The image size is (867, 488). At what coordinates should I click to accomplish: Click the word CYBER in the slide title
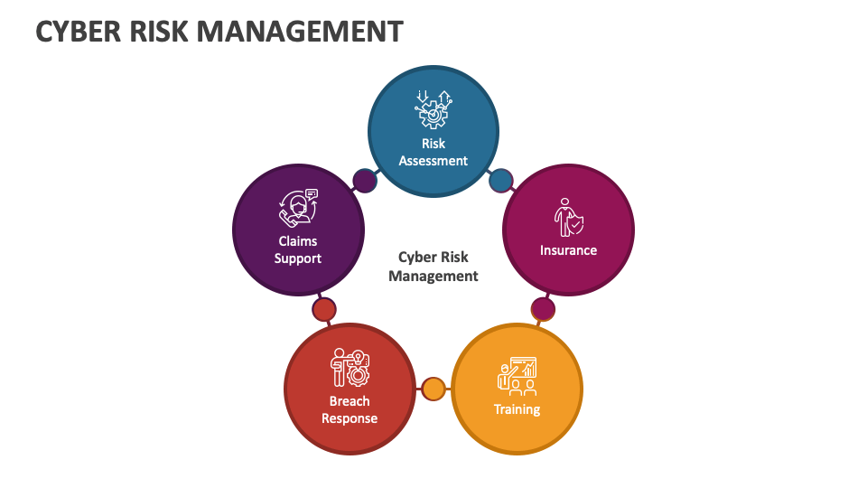coord(77,31)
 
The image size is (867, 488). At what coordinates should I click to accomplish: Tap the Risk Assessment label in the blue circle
coord(433,152)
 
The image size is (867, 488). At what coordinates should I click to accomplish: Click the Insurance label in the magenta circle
coord(568,250)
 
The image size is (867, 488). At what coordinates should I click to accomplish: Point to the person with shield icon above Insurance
coord(568,218)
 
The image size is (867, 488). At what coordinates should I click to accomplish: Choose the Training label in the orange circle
coord(517,409)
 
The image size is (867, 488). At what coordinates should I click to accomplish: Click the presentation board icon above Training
coord(517,376)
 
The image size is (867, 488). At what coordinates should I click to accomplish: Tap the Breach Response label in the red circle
coord(350,409)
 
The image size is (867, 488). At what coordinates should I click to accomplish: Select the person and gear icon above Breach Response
coord(350,367)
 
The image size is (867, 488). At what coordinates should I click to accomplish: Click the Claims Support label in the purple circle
coord(298,249)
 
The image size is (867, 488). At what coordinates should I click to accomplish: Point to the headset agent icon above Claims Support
coord(299,207)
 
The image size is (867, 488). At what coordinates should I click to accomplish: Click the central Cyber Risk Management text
coord(433,267)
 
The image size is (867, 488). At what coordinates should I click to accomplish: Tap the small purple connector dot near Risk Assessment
coord(364,181)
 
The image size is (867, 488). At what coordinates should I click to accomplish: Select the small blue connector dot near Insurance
coord(501,182)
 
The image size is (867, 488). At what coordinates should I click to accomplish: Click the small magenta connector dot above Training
coord(543,309)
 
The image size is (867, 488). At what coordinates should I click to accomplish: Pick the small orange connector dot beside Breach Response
coord(433,389)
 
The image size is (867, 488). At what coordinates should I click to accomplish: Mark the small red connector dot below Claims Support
coord(323,310)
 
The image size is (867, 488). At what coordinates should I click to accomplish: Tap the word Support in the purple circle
coord(298,258)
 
